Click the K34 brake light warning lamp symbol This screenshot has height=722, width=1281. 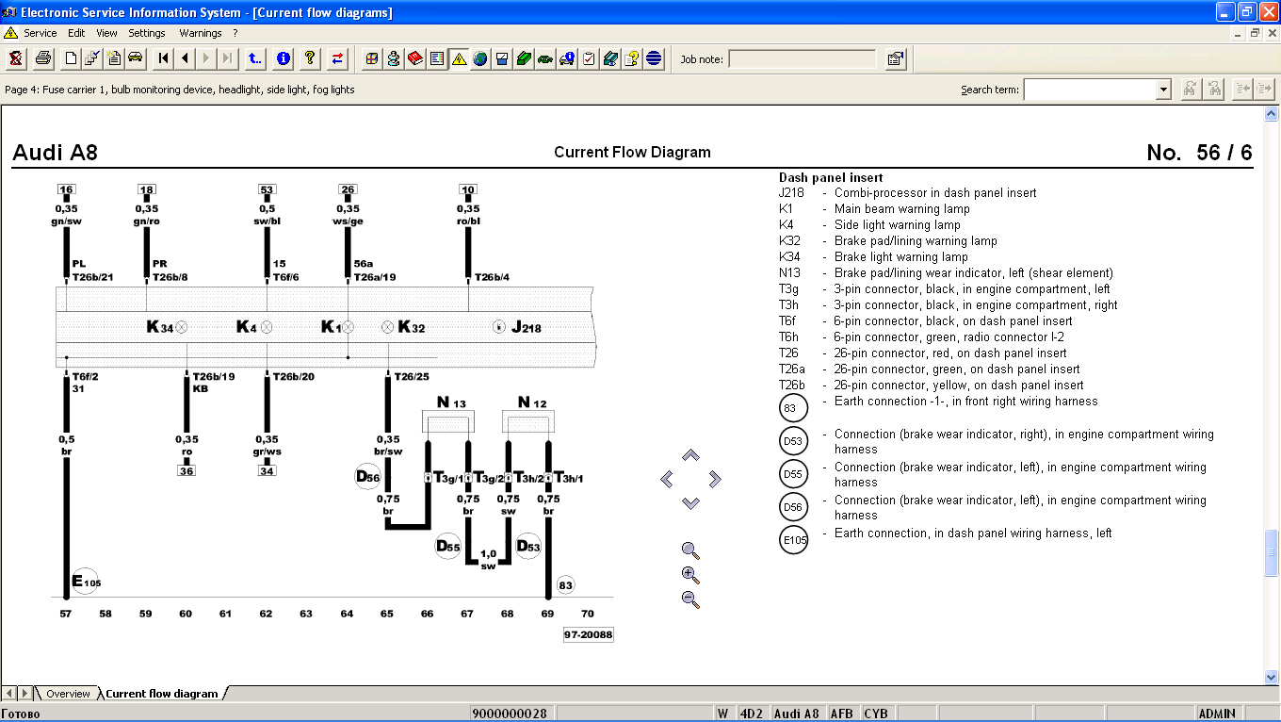pyautogui.click(x=181, y=327)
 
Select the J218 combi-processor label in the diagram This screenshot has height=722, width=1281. pyautogui.click(x=527, y=327)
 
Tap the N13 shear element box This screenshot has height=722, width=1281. pyautogui.click(x=447, y=421)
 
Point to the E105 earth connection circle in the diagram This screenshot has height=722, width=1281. pyautogui.click(x=86, y=582)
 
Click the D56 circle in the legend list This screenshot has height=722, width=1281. pyautogui.click(x=793, y=507)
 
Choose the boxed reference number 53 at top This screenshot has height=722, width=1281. pyautogui.click(x=268, y=189)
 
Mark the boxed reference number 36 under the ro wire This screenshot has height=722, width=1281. pyautogui.click(x=186, y=471)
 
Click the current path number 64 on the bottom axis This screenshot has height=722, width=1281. pyautogui.click(x=347, y=614)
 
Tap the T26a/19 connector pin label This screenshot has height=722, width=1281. pyautogui.click(x=375, y=277)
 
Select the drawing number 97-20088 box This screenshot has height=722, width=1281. pyautogui.click(x=589, y=634)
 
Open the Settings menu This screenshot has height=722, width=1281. pyautogui.click(x=146, y=33)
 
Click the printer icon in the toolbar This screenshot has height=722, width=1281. pyautogui.click(x=43, y=58)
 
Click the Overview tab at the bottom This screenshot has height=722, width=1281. pyautogui.click(x=68, y=694)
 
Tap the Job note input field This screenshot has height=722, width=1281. pyautogui.click(x=803, y=59)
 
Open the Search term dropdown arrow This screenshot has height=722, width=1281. pyautogui.click(x=1162, y=90)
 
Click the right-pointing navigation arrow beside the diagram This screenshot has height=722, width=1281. pyautogui.click(x=714, y=479)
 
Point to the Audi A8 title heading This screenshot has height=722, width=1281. pyautogui.click(x=55, y=152)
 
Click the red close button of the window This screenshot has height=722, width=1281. pyautogui.click(x=1269, y=12)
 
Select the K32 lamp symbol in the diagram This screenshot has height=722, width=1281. pyautogui.click(x=387, y=327)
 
